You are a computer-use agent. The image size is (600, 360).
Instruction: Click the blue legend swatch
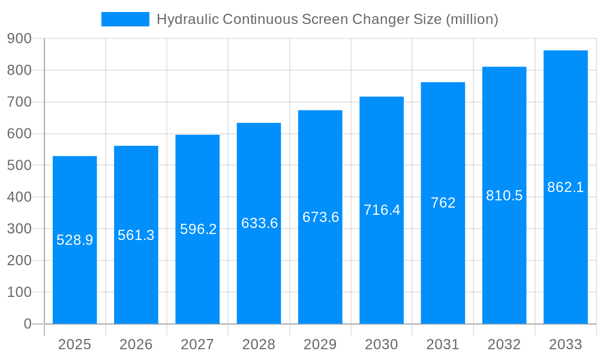coord(125,19)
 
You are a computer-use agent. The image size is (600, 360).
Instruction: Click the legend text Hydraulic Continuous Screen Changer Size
coord(327,19)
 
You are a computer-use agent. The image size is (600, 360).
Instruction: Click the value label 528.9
coord(75,240)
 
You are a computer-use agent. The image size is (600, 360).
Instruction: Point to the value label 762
coord(443,203)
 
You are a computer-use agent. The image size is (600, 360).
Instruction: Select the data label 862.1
coord(565,187)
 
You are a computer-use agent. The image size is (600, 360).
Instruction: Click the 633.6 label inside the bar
coord(259,223)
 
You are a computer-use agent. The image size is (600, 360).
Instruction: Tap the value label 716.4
coord(382,210)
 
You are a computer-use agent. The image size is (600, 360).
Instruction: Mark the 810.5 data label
coord(504,196)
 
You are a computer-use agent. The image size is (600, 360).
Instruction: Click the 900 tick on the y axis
coord(19,38)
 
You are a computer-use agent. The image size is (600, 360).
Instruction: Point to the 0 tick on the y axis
coord(27,324)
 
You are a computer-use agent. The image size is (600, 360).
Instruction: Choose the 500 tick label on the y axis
coord(19,165)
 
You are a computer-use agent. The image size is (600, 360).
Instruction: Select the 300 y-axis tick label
coord(19,229)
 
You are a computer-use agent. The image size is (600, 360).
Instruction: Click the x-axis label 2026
coord(136,344)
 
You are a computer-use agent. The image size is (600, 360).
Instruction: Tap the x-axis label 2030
coord(382,344)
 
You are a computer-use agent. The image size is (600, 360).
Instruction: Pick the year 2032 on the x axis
coord(504,344)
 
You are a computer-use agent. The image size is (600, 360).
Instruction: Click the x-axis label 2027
coord(197,344)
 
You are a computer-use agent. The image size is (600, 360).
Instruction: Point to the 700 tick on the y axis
coord(19,102)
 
